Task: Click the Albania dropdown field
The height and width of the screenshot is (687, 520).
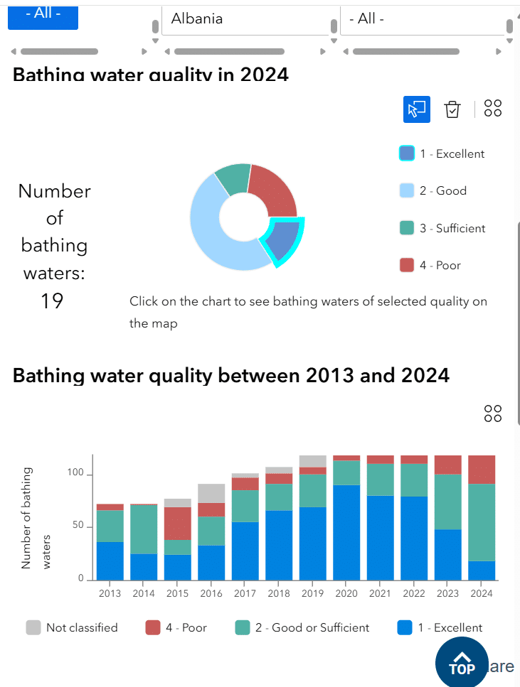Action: [x=245, y=19]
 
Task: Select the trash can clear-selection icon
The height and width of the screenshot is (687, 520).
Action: [x=452, y=109]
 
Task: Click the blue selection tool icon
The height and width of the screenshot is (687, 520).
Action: [x=417, y=109]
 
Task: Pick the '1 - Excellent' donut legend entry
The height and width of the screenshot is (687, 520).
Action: [x=442, y=153]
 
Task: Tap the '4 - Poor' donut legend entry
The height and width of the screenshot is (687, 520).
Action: [x=430, y=265]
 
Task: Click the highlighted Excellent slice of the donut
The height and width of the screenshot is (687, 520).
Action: [x=283, y=241]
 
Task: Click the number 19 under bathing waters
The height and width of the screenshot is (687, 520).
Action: [x=52, y=301]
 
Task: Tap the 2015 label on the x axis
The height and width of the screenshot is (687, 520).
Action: [x=177, y=593]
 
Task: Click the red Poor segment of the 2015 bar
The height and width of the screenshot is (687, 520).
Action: [x=177, y=524]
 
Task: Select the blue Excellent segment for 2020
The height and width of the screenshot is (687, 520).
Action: [x=347, y=533]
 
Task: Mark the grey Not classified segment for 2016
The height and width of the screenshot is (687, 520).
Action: [x=211, y=493]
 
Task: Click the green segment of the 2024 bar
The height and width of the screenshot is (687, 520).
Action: [x=482, y=522]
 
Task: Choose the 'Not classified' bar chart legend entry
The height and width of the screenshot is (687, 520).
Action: [x=72, y=627]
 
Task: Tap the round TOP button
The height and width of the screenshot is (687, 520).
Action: [x=462, y=663]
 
